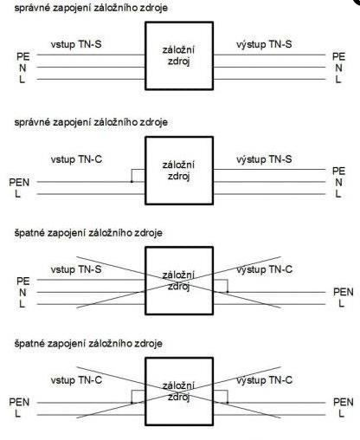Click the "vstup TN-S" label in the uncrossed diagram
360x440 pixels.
pos(76,44)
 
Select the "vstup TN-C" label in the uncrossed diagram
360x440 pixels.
pos(76,159)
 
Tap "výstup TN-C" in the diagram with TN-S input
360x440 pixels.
pos(264,269)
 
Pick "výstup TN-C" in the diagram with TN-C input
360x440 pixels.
pos(264,380)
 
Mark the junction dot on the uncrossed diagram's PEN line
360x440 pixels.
pos(132,182)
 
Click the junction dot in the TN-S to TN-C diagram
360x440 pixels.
pos(228,292)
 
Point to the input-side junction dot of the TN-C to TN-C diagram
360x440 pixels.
pos(132,403)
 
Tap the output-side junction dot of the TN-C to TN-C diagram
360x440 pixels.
pos(228,403)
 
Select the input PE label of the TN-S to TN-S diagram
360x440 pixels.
pos(23,56)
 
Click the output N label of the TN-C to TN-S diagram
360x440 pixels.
pos(338,183)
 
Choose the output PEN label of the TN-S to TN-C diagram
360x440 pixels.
pos(344,292)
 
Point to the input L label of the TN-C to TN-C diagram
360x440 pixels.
pos(18,413)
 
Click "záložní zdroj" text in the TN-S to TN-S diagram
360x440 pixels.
pos(179,55)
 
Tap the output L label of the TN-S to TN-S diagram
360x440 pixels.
pos(338,80)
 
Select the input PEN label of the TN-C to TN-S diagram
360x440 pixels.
pos(19,183)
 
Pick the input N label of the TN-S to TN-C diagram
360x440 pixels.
pos(22,293)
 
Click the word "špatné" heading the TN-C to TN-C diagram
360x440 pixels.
pos(29,344)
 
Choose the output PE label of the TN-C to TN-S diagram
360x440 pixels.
pos(338,171)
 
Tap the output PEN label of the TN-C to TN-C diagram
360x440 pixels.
pos(344,402)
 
